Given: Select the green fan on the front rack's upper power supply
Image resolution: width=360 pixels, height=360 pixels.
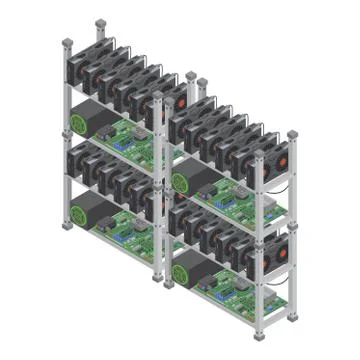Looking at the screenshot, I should (182, 181).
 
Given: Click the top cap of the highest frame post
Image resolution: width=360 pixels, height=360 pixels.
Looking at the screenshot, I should (100, 22).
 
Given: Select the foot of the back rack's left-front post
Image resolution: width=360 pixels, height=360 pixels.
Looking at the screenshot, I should (66, 227).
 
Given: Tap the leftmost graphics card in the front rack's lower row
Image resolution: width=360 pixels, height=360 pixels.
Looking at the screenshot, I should (180, 215).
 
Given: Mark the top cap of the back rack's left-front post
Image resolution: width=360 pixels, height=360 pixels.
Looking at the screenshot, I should (66, 41).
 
